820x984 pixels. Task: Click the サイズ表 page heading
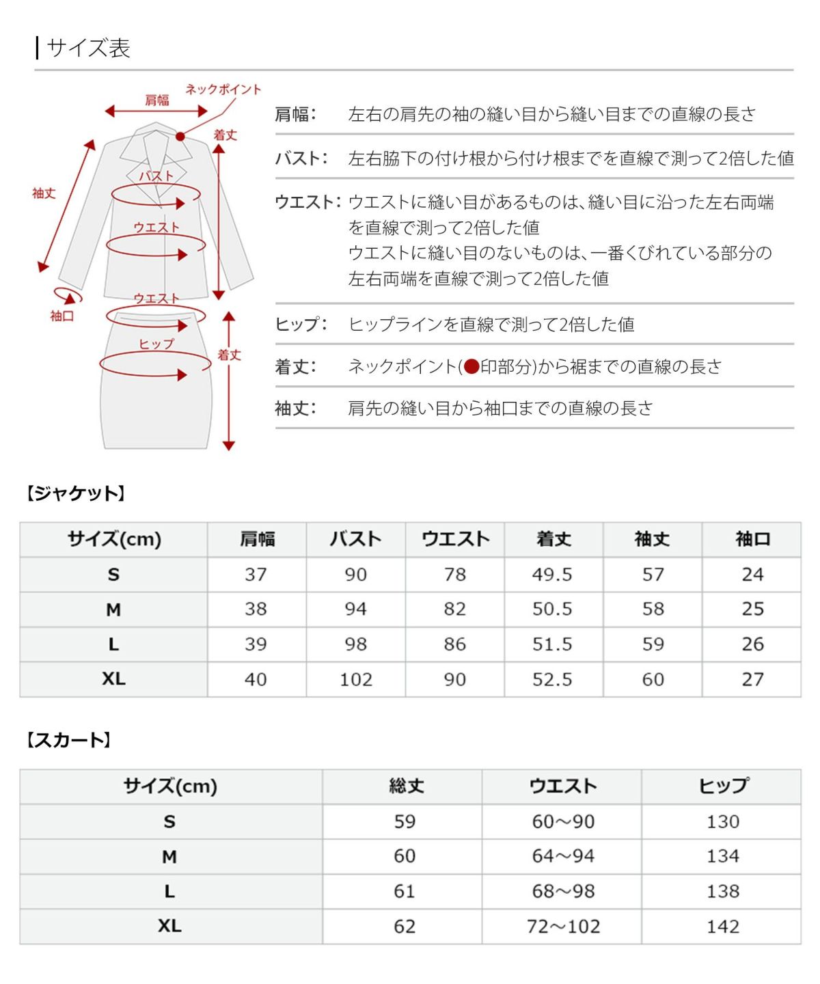point(88,49)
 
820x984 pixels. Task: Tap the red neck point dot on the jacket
point(180,137)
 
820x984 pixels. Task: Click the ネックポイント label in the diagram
point(223,90)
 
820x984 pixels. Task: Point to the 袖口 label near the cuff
point(61,316)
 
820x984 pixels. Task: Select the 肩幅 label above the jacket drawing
point(156,100)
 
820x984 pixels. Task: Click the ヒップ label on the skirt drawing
point(156,344)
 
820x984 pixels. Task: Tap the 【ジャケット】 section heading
point(75,493)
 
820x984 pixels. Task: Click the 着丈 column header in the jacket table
point(553,539)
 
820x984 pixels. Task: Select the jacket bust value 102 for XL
point(356,679)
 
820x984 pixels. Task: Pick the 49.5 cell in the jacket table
point(552,574)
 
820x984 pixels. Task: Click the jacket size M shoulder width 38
point(256,609)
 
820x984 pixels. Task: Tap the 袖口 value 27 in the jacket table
point(752,679)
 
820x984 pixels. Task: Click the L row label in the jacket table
point(113,644)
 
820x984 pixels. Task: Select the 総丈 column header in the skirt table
point(406,786)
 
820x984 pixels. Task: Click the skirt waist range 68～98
point(563,891)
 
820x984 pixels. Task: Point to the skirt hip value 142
point(723,927)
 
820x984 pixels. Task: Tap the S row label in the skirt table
point(169,821)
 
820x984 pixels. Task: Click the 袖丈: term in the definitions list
point(295,409)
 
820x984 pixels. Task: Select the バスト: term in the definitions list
point(301,159)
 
